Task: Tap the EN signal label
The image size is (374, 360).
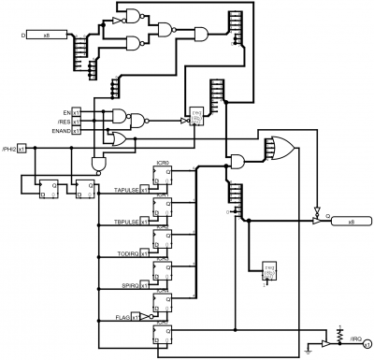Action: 66,112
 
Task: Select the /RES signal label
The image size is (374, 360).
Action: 65,122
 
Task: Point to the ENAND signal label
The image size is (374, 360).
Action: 62,131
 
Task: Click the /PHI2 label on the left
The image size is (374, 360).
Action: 8,148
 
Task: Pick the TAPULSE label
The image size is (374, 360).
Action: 126,191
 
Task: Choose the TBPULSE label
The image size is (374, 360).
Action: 126,222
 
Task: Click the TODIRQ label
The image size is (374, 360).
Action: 127,253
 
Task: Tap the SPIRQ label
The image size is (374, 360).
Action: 128,285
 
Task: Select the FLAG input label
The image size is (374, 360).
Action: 121,316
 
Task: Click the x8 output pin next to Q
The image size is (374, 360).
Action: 351,222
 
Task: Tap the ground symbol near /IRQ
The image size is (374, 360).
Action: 311,353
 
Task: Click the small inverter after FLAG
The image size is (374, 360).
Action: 147,316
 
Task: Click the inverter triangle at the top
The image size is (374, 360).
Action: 117,20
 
